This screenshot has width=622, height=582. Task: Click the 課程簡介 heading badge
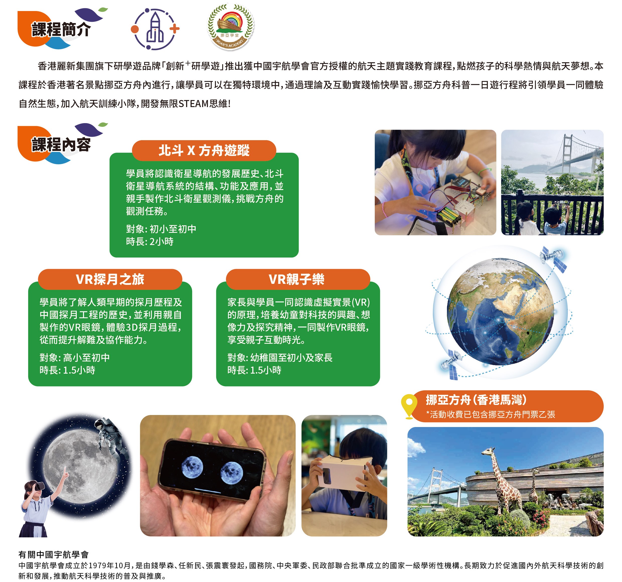(61, 29)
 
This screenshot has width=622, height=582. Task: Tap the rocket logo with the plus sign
(155, 29)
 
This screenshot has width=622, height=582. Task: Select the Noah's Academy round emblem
(231, 27)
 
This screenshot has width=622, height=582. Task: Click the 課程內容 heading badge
(61, 144)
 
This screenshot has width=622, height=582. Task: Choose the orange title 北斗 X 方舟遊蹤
(204, 150)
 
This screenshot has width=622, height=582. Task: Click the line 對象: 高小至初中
(74, 358)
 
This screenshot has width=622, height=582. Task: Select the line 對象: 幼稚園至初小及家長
(280, 358)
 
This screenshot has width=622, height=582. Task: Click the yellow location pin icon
(409, 406)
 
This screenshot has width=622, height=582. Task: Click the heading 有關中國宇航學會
(53, 554)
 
